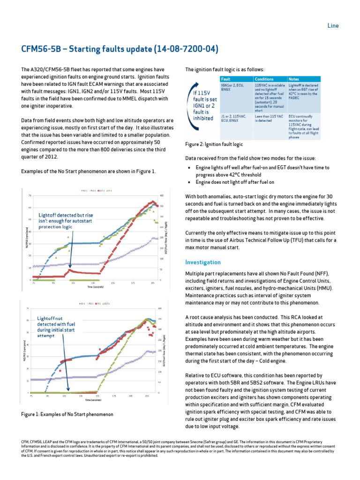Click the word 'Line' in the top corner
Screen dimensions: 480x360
coord(333,26)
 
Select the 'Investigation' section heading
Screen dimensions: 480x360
coord(202,262)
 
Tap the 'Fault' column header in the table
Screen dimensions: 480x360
coord(225,79)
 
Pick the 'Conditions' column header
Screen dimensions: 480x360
coord(264,79)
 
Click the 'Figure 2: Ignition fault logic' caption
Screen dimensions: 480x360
coord(214,145)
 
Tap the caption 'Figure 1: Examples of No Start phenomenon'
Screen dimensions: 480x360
coord(67,414)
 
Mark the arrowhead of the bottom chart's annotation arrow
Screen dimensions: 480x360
coord(68,390)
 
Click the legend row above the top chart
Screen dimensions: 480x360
coord(97,191)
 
